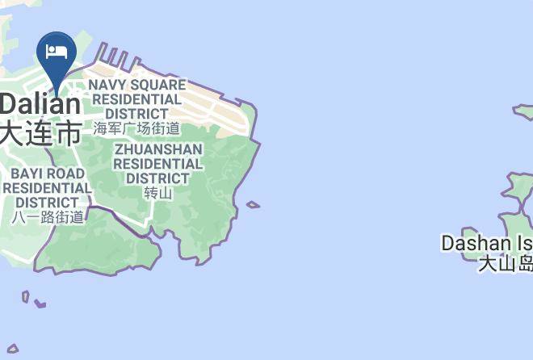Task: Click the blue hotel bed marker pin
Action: coord(57,54)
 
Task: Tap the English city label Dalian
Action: coord(40,104)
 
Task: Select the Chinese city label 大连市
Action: coord(40,132)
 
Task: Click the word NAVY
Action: coord(108,85)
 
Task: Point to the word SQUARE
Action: coord(159,85)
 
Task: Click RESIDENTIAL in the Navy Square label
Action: coord(136,99)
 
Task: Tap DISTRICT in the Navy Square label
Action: coord(136,114)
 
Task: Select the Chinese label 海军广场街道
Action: coord(136,128)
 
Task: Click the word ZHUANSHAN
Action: coord(158,149)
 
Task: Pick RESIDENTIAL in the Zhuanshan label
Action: coord(158,164)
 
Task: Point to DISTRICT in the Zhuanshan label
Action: coord(158,178)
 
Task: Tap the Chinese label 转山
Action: coord(158,193)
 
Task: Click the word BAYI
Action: coord(27,174)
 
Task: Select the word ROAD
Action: coord(66,174)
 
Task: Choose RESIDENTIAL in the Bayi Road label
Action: coord(47,188)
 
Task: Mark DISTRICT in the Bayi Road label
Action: coord(47,203)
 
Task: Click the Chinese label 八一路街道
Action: coord(48,217)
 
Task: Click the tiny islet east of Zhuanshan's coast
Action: coord(254,205)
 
